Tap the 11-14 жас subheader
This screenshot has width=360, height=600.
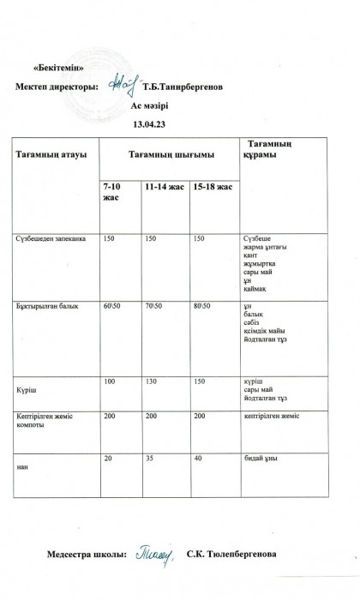pyautogui.click(x=165, y=186)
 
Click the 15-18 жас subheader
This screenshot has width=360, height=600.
pyautogui.click(x=213, y=186)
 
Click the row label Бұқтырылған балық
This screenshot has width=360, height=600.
pyautogui.click(x=49, y=306)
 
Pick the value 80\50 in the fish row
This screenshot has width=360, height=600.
pyautogui.click(x=203, y=306)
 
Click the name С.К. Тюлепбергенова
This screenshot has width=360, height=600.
pyautogui.click(x=231, y=555)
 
